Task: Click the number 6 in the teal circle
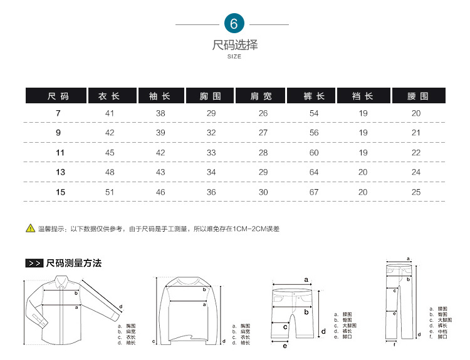(x=234, y=24)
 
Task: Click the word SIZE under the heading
(x=234, y=57)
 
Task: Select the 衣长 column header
(x=110, y=96)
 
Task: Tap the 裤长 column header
(x=314, y=96)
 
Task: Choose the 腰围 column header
(x=417, y=96)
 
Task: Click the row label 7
(x=58, y=113)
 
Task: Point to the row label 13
(x=60, y=172)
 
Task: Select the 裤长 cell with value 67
(x=314, y=192)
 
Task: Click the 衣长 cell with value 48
(x=110, y=172)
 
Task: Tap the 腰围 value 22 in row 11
(x=416, y=153)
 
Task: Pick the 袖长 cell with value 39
(x=160, y=133)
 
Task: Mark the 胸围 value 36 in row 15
(x=211, y=192)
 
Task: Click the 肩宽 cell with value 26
(x=263, y=113)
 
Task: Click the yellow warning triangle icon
(x=30, y=228)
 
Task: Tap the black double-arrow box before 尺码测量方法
(x=34, y=264)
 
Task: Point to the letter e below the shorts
(x=285, y=346)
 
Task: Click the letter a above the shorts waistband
(x=306, y=280)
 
